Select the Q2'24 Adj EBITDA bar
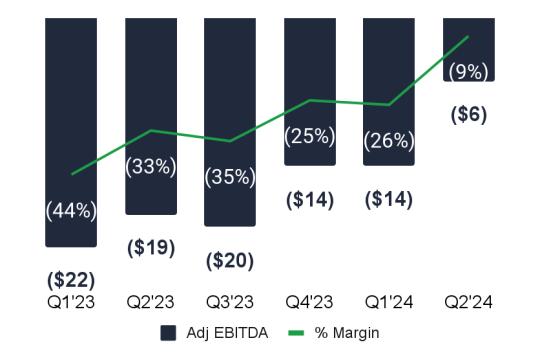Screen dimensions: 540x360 pyautogui.click(x=469, y=50)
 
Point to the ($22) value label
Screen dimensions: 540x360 pyautogui.click(x=71, y=280)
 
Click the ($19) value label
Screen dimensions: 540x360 pyautogui.click(x=151, y=248)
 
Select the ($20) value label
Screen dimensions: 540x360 pyautogui.click(x=230, y=260)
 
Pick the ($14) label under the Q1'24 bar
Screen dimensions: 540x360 pyautogui.click(x=389, y=199)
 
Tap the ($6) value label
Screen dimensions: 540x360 pyautogui.click(x=469, y=114)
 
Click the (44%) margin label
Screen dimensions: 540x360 pyautogui.click(x=71, y=211)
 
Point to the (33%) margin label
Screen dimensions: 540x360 pyautogui.click(x=151, y=167)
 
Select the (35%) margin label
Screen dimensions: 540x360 pyautogui.click(x=230, y=177)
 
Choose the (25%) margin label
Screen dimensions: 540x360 pyautogui.click(x=310, y=136)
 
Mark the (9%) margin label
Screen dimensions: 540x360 pyautogui.click(x=469, y=72)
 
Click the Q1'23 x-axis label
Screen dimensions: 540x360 pyautogui.click(x=71, y=302)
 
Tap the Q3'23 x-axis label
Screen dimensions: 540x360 pyautogui.click(x=230, y=302)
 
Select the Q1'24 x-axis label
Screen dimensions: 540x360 pyautogui.click(x=389, y=302)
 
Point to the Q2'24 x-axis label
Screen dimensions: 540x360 pyautogui.click(x=469, y=302)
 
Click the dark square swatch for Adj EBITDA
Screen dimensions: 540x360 pyautogui.click(x=168, y=333)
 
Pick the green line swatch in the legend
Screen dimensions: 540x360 pyautogui.click(x=296, y=333)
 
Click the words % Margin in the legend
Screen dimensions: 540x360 pyautogui.click(x=347, y=333)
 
